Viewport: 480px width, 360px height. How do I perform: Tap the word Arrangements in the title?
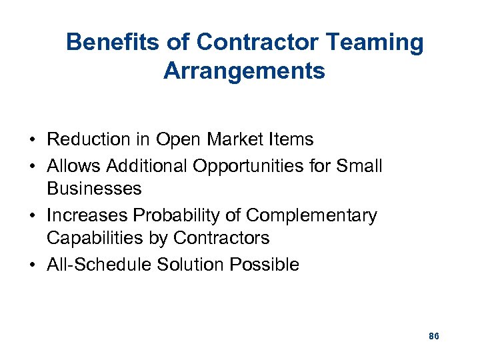[244, 70]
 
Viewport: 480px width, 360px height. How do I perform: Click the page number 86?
[433, 336]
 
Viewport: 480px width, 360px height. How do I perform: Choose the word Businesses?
[94, 189]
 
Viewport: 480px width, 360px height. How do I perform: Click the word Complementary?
[311, 215]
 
